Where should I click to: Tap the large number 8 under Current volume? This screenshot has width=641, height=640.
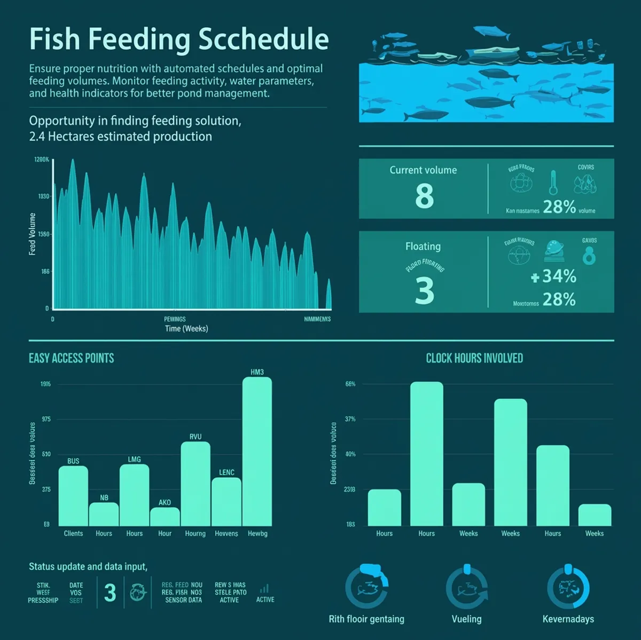tap(425, 195)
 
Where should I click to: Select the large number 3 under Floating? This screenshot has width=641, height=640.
tap(425, 290)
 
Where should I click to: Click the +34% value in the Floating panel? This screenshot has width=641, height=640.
tap(554, 276)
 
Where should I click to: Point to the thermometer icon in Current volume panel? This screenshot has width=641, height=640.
tap(553, 183)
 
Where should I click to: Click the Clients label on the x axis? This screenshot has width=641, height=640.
tap(73, 533)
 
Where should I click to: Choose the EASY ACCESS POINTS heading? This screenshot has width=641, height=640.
tap(72, 358)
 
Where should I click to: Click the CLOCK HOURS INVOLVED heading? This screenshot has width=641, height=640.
tap(474, 358)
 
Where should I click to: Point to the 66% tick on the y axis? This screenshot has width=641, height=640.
tap(350, 384)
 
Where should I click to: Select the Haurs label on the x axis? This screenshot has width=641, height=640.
tap(553, 533)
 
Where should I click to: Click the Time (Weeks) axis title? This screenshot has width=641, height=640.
tap(186, 329)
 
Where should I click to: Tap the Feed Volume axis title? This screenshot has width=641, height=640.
tap(33, 234)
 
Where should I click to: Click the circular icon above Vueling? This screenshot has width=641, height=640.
tap(467, 588)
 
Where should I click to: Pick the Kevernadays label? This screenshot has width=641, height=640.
tap(568, 619)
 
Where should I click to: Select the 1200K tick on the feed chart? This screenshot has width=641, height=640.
tap(42, 160)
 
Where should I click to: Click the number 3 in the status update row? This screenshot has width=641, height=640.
tap(110, 592)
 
